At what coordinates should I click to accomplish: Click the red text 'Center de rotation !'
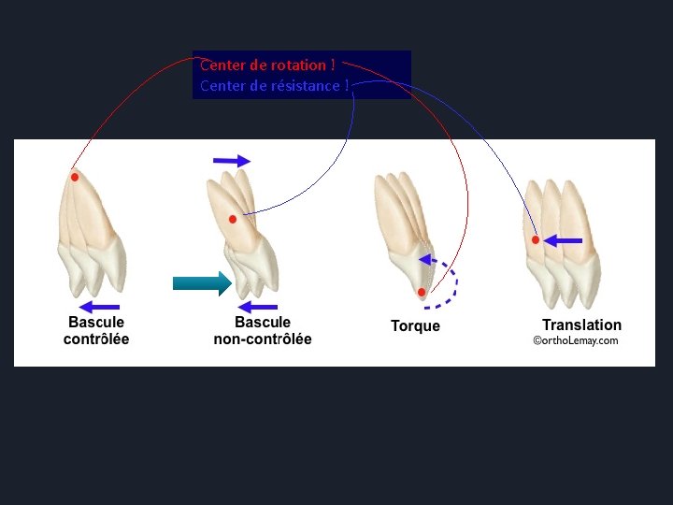[x=267, y=65]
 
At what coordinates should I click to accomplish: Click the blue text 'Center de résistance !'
[x=275, y=86]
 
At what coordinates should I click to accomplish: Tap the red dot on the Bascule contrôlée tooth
[x=74, y=177]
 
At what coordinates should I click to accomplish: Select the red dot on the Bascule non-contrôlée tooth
[x=233, y=219]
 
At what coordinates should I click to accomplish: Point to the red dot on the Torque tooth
[x=422, y=293]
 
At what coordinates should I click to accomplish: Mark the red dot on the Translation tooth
[x=536, y=240]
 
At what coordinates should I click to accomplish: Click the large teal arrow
[x=202, y=281]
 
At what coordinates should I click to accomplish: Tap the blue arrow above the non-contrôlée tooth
[x=232, y=161]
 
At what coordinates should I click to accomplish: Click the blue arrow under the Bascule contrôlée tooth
[x=99, y=306]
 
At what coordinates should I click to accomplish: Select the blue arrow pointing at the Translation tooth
[x=564, y=241]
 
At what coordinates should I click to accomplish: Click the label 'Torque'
[x=415, y=326]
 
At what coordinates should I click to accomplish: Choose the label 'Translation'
[x=581, y=325]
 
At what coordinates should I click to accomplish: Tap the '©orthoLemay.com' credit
[x=575, y=341]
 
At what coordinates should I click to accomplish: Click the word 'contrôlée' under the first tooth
[x=96, y=339]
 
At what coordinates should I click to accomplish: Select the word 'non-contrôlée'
[x=263, y=339]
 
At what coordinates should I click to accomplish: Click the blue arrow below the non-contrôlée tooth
[x=258, y=306]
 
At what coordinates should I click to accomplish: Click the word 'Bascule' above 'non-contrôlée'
[x=262, y=323]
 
